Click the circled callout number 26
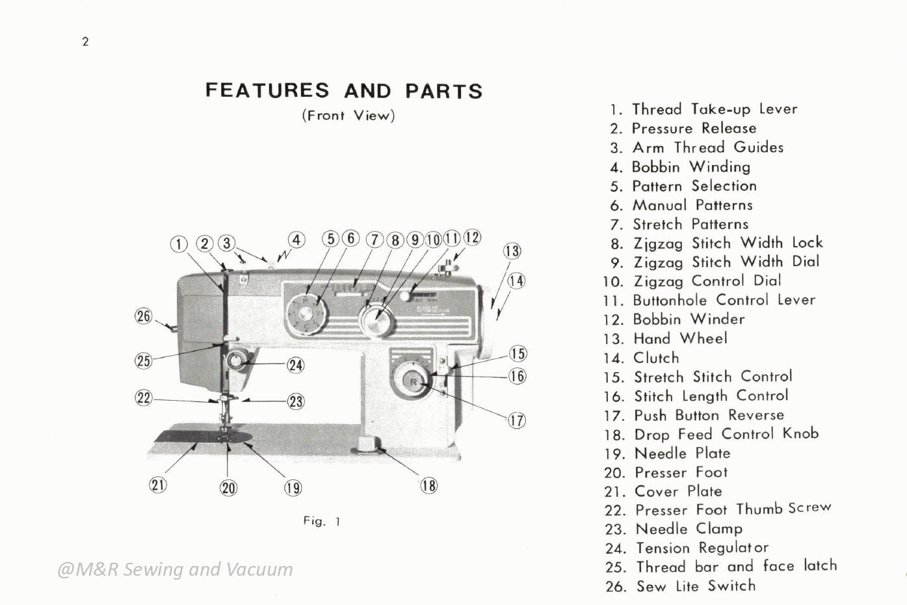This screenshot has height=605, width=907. tap(143, 317)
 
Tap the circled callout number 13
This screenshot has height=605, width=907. tap(512, 252)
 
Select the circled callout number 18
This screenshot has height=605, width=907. tap(429, 485)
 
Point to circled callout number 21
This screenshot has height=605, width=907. tap(158, 485)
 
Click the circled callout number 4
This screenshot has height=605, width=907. tap(296, 240)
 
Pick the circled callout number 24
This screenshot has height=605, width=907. tap(296, 365)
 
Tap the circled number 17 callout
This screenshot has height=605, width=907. tap(517, 420)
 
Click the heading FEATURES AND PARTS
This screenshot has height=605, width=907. tap(344, 90)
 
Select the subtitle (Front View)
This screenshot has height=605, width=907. tap(348, 116)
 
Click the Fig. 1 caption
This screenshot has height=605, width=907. tap(322, 521)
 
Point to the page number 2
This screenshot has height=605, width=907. tap(85, 42)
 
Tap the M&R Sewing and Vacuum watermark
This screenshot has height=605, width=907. tap(176, 569)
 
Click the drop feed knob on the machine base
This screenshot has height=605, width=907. tap(368, 445)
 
